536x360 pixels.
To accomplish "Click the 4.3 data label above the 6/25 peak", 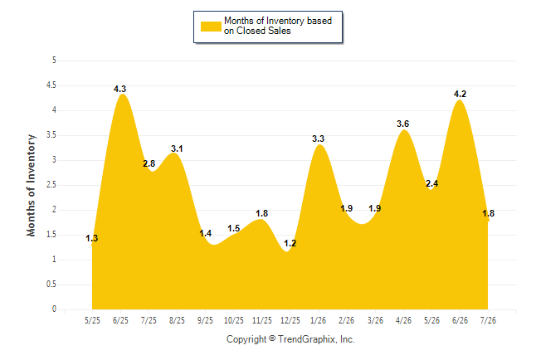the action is (120, 89).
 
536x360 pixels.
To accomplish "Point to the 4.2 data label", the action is (460, 94).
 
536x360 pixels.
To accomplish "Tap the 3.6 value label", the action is (402, 124).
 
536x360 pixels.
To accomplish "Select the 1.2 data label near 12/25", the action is (290, 243).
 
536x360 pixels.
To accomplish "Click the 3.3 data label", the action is (318, 139).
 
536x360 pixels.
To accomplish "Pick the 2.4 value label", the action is (431, 183).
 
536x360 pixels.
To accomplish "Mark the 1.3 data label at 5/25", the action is (91, 238).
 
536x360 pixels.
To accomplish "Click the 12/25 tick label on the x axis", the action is (290, 320).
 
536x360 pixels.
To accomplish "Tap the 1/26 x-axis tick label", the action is (318, 320).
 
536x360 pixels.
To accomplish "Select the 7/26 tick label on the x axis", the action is (488, 320).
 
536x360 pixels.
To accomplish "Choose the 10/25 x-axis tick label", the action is (233, 320).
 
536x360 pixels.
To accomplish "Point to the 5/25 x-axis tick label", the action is (92, 320).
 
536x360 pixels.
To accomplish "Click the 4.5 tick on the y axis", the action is (51, 85).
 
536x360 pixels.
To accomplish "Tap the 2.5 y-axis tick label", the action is (51, 185).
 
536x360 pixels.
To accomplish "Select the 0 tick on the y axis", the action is (54, 309).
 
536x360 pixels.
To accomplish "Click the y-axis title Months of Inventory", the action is (31, 185).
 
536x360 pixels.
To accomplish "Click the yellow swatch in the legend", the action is (211, 27).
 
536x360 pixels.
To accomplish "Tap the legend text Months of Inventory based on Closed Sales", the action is (278, 26).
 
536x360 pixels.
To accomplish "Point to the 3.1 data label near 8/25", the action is (177, 148).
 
